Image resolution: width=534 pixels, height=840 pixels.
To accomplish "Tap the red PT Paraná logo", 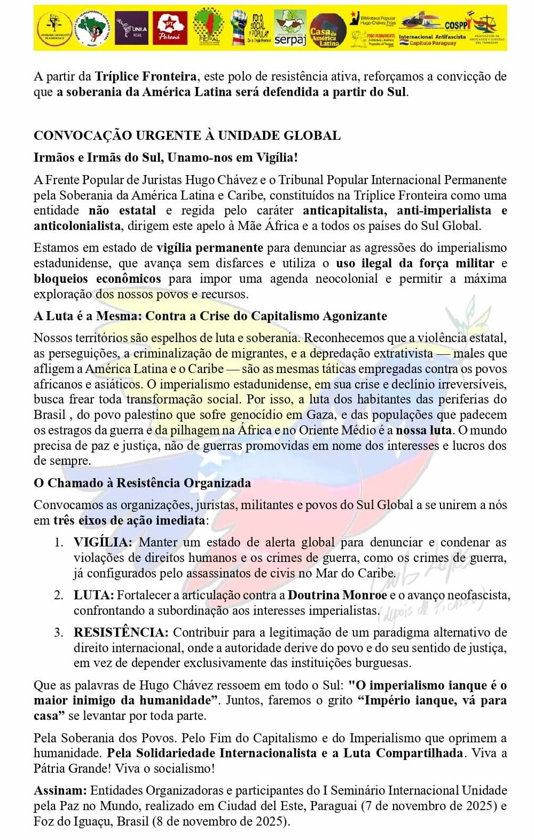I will pos(170,28).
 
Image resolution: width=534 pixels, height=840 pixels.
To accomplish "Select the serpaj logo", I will pos(290,28).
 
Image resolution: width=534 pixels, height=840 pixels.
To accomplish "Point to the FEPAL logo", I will pos(209,28).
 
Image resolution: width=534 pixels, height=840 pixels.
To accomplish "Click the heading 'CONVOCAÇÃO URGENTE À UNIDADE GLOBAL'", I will pos(187,136).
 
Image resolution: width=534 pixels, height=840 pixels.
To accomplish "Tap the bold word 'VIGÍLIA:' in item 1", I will pos(103,542).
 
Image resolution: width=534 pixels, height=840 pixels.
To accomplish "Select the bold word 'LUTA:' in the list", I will pos(93,595).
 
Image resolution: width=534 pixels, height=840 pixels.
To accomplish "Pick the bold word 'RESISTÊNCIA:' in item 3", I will pos(121,632).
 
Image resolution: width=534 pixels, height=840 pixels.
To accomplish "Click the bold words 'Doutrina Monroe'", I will pos(337,595).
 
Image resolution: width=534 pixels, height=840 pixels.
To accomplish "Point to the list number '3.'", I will pos(59,632).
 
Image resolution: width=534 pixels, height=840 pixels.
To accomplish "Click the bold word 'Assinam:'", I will pos(60,790).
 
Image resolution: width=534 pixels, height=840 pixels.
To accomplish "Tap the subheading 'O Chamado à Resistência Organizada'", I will pos(142,483).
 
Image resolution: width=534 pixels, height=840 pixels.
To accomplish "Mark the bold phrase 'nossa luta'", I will pos(423,430).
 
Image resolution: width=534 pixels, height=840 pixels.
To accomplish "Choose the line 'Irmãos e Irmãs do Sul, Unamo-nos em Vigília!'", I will pos(166,157).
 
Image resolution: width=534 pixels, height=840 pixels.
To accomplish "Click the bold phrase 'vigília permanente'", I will pos(209,248).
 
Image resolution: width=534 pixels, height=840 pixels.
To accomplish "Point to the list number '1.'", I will pos(59,542).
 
